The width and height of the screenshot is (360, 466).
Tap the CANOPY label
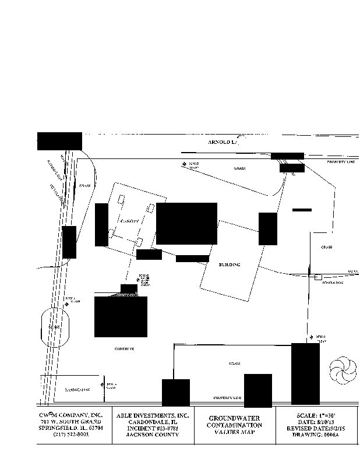click(x=129, y=222)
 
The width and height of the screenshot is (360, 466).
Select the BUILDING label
click(x=230, y=265)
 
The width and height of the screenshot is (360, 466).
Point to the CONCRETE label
click(x=124, y=348)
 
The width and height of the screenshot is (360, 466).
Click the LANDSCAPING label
click(x=76, y=388)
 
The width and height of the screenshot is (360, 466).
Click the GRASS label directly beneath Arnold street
click(x=239, y=168)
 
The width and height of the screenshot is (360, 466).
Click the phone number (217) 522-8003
click(x=72, y=435)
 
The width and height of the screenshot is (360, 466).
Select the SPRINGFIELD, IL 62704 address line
click(x=72, y=428)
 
